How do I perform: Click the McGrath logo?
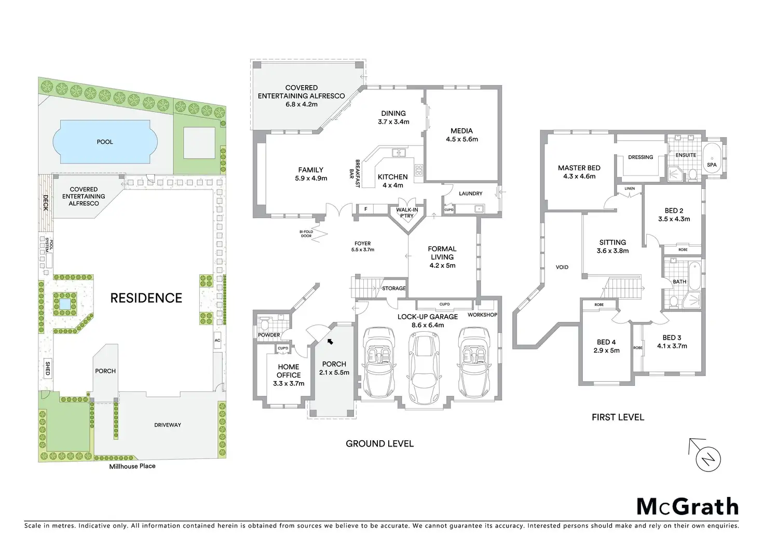click(x=687, y=507)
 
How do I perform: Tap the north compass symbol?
click(x=707, y=459)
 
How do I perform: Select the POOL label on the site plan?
click(x=105, y=142)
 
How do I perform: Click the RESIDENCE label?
click(x=146, y=298)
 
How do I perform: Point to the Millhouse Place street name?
click(x=132, y=466)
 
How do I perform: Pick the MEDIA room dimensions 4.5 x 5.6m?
click(x=462, y=139)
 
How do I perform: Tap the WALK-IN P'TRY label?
click(x=407, y=213)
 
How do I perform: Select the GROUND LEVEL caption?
click(x=379, y=443)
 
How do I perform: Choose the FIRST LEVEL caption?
click(x=618, y=417)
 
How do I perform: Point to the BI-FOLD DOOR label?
click(x=306, y=234)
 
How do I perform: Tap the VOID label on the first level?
click(x=562, y=267)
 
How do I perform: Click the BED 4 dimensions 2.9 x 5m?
click(x=606, y=350)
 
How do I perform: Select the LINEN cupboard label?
click(x=630, y=188)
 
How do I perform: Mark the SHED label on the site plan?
click(x=48, y=369)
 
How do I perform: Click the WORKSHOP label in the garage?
click(x=482, y=315)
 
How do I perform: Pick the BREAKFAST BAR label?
click(x=354, y=173)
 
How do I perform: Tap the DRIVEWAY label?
click(x=168, y=425)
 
